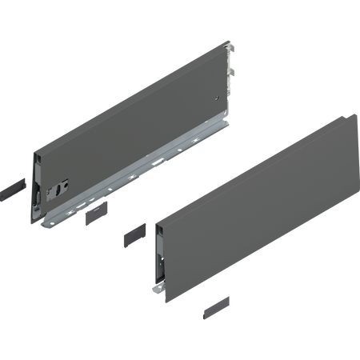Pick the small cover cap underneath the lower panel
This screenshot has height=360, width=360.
tap(212, 306)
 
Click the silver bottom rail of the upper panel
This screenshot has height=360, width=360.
tap(144, 159)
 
